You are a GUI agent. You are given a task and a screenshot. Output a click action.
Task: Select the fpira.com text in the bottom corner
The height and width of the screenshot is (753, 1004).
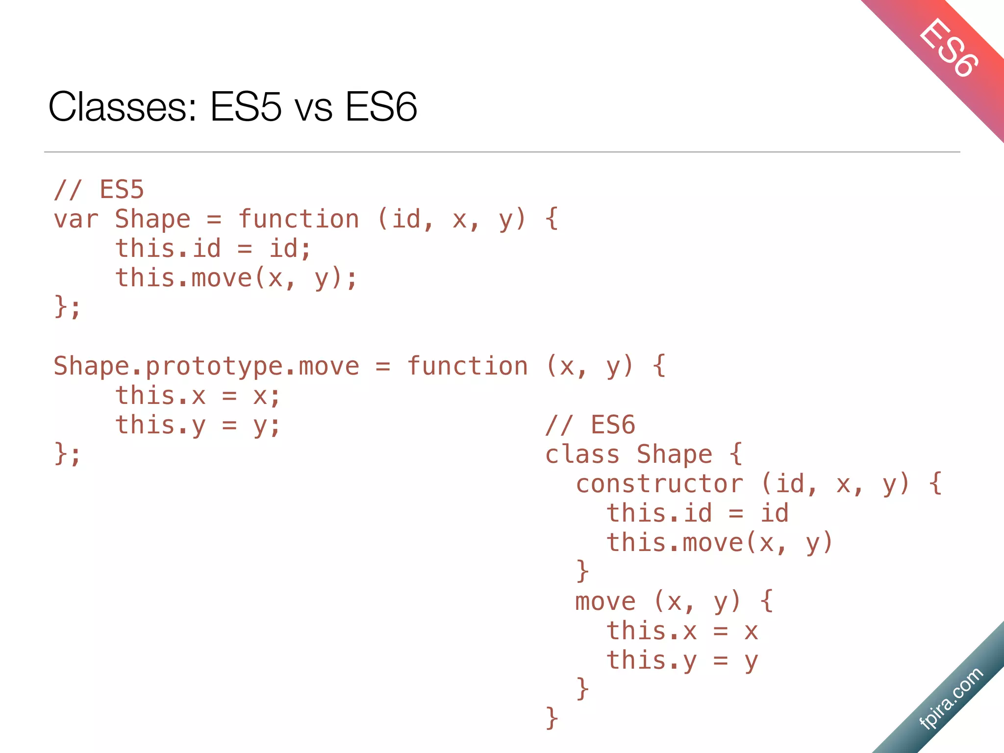click(x=951, y=698)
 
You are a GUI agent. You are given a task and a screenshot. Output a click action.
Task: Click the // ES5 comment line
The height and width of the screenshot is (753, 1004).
click(x=99, y=190)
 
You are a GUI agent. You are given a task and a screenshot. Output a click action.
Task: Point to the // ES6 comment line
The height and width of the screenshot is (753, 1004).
click(x=590, y=425)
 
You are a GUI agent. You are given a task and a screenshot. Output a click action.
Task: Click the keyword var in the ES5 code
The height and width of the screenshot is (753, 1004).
click(x=76, y=219)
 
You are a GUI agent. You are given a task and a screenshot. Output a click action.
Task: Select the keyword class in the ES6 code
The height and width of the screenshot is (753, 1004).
click(x=582, y=454)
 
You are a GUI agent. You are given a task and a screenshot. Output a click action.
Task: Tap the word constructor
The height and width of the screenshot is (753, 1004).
click(x=659, y=484)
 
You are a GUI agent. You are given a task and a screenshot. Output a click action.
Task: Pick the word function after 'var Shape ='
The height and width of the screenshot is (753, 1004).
click(x=299, y=219)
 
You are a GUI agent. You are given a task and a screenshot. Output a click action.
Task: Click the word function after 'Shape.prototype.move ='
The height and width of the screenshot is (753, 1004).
click(x=467, y=367)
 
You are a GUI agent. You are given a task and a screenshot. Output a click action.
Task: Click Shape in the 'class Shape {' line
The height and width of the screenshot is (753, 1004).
click(x=674, y=454)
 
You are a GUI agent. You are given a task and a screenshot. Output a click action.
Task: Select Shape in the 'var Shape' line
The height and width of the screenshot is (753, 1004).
click(x=152, y=219)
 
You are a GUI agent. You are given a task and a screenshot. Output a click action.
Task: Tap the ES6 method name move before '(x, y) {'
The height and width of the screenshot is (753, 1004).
click(x=605, y=602)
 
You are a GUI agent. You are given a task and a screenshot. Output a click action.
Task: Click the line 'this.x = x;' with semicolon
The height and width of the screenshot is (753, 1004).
click(x=198, y=396)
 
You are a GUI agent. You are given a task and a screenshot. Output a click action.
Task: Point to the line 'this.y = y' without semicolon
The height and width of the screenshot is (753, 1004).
click(x=682, y=660)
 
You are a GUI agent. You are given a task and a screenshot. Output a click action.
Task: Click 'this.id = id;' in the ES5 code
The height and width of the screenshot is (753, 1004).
click(x=213, y=249)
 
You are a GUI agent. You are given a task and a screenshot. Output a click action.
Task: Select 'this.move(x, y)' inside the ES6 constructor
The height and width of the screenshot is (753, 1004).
click(x=720, y=543)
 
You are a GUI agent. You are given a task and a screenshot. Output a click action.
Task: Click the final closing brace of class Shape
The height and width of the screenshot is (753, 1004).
click(x=552, y=718)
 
